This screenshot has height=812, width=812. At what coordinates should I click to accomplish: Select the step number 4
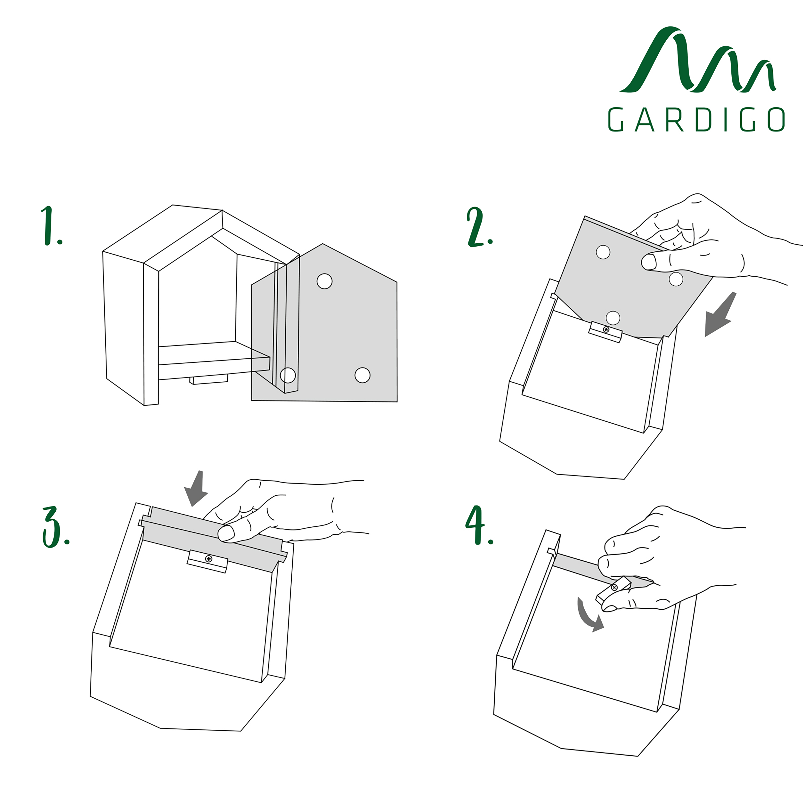pos(478,525)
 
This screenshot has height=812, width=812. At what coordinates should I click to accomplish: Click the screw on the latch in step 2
pos(606,329)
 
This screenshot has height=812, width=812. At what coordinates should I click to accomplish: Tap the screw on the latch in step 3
pos(209,559)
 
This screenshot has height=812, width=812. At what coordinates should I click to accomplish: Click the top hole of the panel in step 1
pos(325,281)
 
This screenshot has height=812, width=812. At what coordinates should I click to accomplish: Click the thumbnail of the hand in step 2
pos(648,262)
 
